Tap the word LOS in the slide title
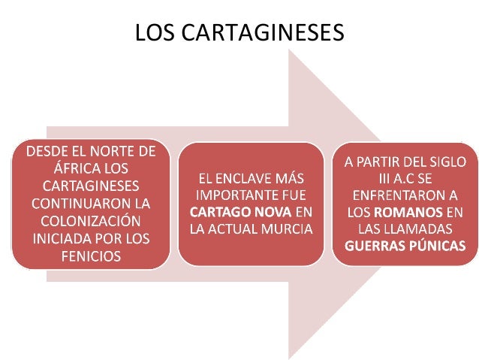coord(155,32)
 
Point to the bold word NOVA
coord(273,212)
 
